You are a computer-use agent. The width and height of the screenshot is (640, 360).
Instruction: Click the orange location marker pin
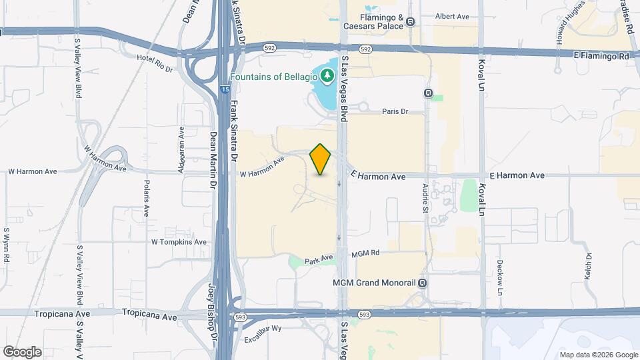tap(321, 159)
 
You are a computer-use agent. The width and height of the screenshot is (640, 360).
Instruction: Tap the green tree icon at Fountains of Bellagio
tap(327, 76)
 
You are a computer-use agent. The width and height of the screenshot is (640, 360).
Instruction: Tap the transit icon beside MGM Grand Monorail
tap(422, 282)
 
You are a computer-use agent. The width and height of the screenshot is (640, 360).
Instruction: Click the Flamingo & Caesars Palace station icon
tap(411, 21)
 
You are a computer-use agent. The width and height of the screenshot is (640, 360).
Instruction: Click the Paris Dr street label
tap(395, 111)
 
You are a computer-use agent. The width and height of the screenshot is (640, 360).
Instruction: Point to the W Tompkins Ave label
tap(179, 242)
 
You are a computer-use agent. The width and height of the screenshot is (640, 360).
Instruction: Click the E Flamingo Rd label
tap(601, 57)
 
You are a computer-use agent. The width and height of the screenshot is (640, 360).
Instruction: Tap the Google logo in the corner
tap(22, 351)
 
